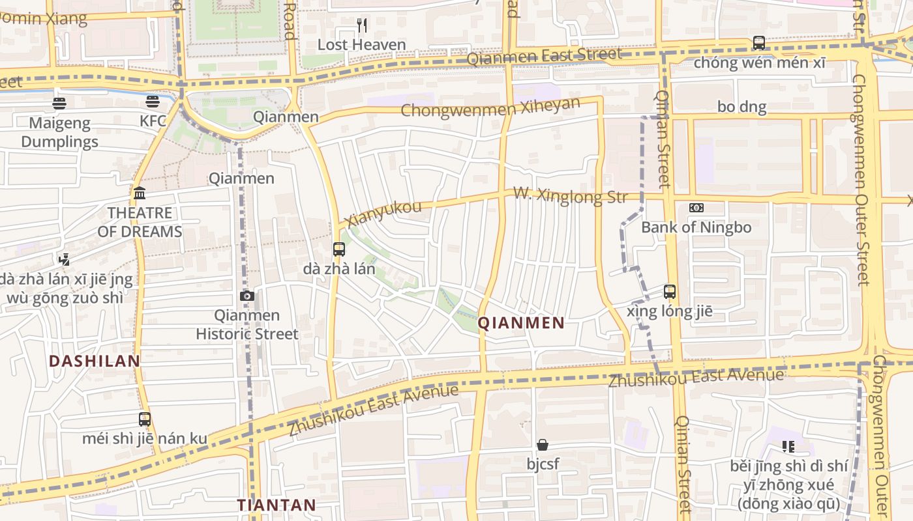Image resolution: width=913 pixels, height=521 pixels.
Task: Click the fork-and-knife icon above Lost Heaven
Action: (x=362, y=25)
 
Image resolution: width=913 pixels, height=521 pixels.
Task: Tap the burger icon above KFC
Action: (x=153, y=102)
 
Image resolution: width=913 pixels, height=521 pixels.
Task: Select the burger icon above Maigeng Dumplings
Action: (x=59, y=103)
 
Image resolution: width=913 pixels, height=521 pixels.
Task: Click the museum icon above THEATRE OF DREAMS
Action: (x=140, y=193)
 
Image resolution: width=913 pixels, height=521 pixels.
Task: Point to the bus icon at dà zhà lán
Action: (x=338, y=249)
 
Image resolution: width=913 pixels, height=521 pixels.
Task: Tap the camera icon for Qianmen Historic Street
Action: (x=247, y=296)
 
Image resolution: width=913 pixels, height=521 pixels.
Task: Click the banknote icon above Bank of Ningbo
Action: (x=696, y=208)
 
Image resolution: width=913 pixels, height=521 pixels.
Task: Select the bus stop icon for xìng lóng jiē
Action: (x=670, y=291)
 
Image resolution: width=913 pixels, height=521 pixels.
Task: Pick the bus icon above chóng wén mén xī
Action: (x=759, y=43)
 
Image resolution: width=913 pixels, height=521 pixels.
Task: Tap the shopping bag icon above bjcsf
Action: (x=543, y=445)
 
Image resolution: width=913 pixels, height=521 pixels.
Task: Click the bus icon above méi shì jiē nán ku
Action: (x=145, y=419)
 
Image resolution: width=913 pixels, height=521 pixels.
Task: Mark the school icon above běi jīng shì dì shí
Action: (x=788, y=447)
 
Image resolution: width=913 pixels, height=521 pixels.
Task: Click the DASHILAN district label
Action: (x=95, y=361)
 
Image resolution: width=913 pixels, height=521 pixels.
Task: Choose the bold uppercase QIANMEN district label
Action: (x=521, y=323)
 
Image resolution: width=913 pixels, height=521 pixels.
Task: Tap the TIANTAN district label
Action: (x=277, y=505)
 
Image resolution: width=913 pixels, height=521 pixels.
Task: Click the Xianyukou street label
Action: (x=384, y=214)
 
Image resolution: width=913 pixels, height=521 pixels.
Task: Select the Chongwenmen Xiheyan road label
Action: (x=490, y=107)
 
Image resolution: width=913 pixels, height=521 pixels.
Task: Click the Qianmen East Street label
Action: (x=545, y=57)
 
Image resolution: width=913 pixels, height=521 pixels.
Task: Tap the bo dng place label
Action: (x=741, y=107)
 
